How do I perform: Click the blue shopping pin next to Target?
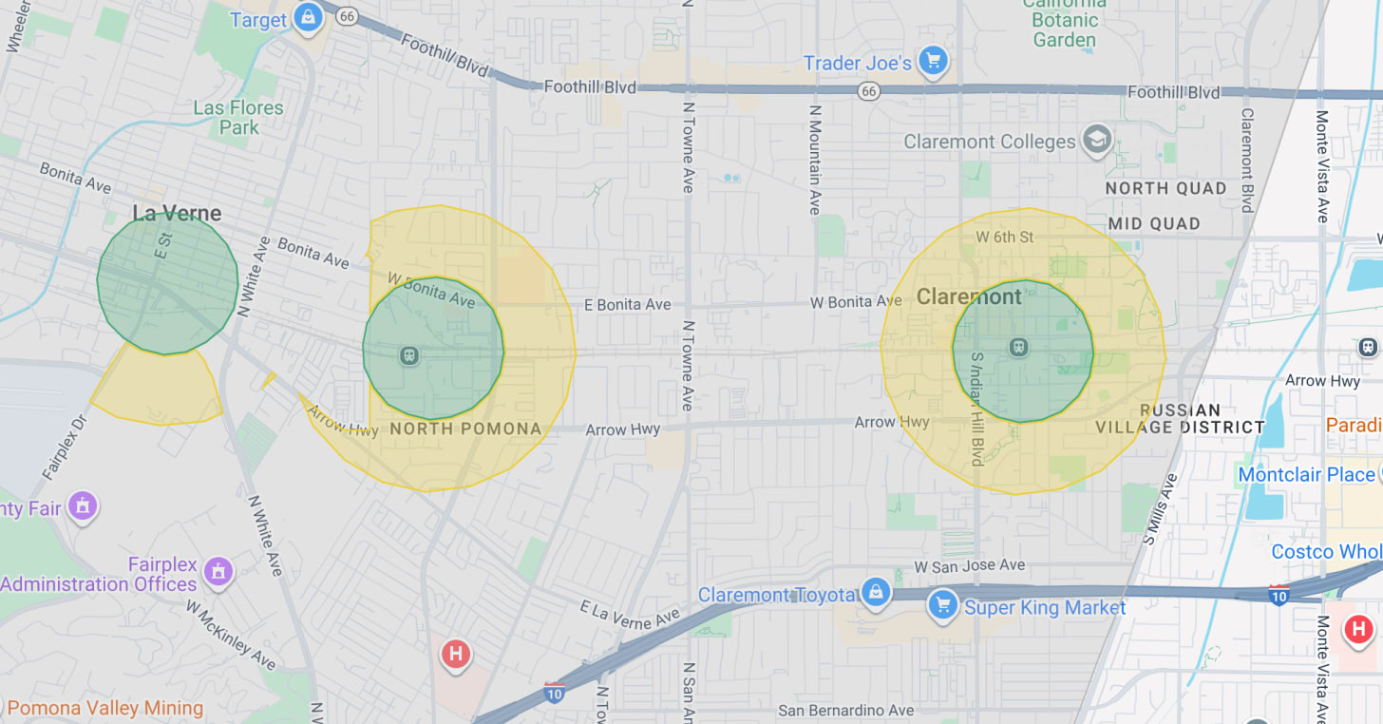click(307, 18)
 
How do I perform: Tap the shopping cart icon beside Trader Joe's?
click(933, 62)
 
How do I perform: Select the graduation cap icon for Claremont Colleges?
click(1097, 140)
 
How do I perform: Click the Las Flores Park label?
click(238, 118)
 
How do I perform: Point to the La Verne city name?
click(177, 213)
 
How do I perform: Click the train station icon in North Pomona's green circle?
click(409, 355)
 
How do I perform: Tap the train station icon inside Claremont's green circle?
click(1019, 347)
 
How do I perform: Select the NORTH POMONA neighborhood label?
click(465, 429)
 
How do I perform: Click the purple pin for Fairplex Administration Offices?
click(218, 572)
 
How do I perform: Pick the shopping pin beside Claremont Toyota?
click(875, 592)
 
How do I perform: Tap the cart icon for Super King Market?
click(942, 604)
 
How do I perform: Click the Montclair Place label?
click(1306, 474)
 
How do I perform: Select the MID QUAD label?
click(1154, 223)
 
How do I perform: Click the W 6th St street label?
click(1004, 237)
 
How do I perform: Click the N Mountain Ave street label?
click(815, 160)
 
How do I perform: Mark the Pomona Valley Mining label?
click(104, 708)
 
